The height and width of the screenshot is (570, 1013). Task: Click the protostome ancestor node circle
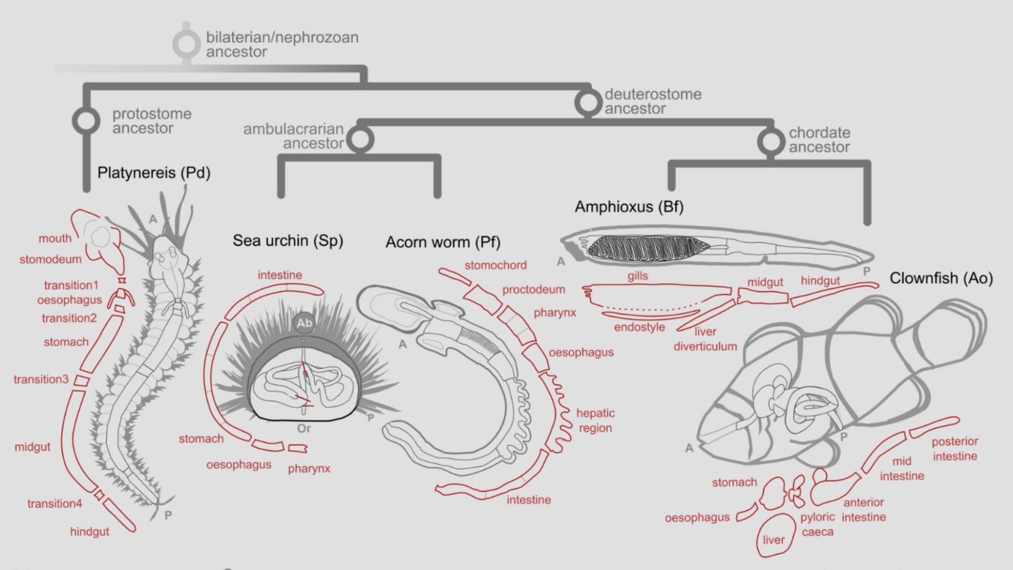coord(86,120)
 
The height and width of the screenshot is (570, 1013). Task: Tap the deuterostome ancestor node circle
coord(588,102)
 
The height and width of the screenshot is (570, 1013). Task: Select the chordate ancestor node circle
coord(771,141)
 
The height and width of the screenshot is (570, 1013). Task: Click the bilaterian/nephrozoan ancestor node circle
coord(186,44)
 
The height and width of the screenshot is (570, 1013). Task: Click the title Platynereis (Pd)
coord(153,173)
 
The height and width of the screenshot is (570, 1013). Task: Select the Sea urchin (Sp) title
coord(288,240)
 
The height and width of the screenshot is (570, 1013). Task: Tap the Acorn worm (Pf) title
coord(443,242)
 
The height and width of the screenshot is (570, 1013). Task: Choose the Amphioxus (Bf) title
coord(629,207)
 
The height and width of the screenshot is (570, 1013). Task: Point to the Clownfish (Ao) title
coord(941,278)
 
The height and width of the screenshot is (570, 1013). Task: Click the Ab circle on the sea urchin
coord(304,323)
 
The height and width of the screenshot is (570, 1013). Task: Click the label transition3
coord(41,379)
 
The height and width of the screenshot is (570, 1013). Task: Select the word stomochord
coord(495,265)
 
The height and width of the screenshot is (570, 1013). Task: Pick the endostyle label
coord(639,327)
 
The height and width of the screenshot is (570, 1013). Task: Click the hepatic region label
coord(595,420)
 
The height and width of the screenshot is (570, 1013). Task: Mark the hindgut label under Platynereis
coord(90,532)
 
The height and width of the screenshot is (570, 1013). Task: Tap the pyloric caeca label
coord(817,524)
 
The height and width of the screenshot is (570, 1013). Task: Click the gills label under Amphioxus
coord(638,276)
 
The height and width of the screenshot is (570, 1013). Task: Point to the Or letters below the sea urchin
coord(304,428)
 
